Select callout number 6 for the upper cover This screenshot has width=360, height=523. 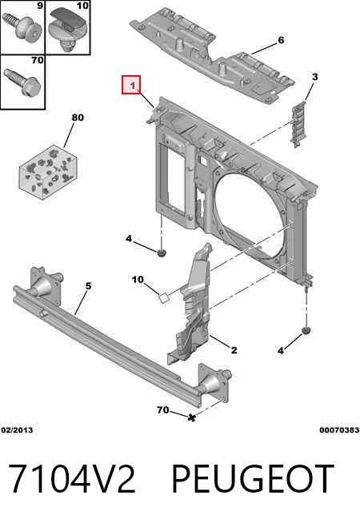click(x=281, y=40)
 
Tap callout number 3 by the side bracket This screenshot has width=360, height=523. click(x=314, y=77)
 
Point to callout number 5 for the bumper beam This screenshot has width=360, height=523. click(x=88, y=285)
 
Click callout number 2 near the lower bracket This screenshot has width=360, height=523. click(x=234, y=350)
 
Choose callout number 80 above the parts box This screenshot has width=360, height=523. click(x=78, y=118)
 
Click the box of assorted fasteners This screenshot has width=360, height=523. click(x=49, y=172)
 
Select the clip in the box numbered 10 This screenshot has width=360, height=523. click(x=68, y=30)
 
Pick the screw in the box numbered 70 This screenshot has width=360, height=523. click(x=22, y=82)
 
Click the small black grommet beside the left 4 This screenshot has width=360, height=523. click(x=162, y=253)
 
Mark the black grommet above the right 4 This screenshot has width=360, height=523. click(x=306, y=330)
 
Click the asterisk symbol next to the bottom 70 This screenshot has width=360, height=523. click(x=191, y=417)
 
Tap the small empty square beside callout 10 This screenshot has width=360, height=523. click(x=163, y=297)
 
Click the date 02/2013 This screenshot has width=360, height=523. click(x=17, y=430)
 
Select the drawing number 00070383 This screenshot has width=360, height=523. click(x=339, y=430)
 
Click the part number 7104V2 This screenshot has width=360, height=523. click(x=72, y=479)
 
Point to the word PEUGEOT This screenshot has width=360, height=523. click(x=253, y=479)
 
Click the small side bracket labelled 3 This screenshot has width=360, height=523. click(x=298, y=123)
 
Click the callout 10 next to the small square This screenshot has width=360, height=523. click(x=138, y=280)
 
